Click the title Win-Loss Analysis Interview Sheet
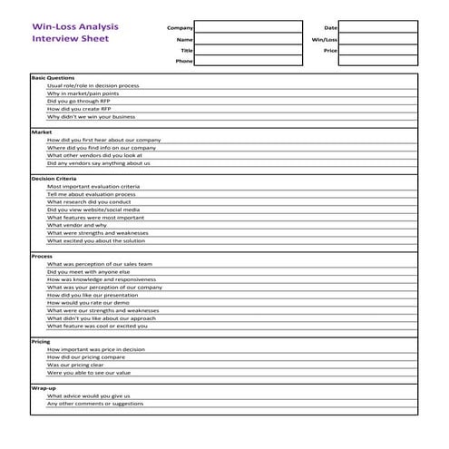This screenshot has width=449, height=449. point(74,33)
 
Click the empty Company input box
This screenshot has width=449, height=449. point(249,28)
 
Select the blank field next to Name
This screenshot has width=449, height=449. point(249,40)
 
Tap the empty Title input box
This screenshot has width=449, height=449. point(249,51)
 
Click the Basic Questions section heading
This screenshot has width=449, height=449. point(54,78)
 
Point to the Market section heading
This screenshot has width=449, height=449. point(42,132)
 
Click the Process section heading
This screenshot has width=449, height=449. point(42,256)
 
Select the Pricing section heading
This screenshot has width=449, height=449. point(41,341)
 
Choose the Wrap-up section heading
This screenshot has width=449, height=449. point(44,388)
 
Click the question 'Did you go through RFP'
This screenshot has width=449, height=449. point(78,101)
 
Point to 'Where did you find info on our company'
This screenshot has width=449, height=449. point(101,148)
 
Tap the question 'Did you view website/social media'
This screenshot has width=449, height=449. point(97,210)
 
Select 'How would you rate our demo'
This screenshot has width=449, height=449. point(94,302)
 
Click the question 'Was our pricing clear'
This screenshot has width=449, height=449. point(81,365)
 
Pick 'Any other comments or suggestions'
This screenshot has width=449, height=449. point(94,404)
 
